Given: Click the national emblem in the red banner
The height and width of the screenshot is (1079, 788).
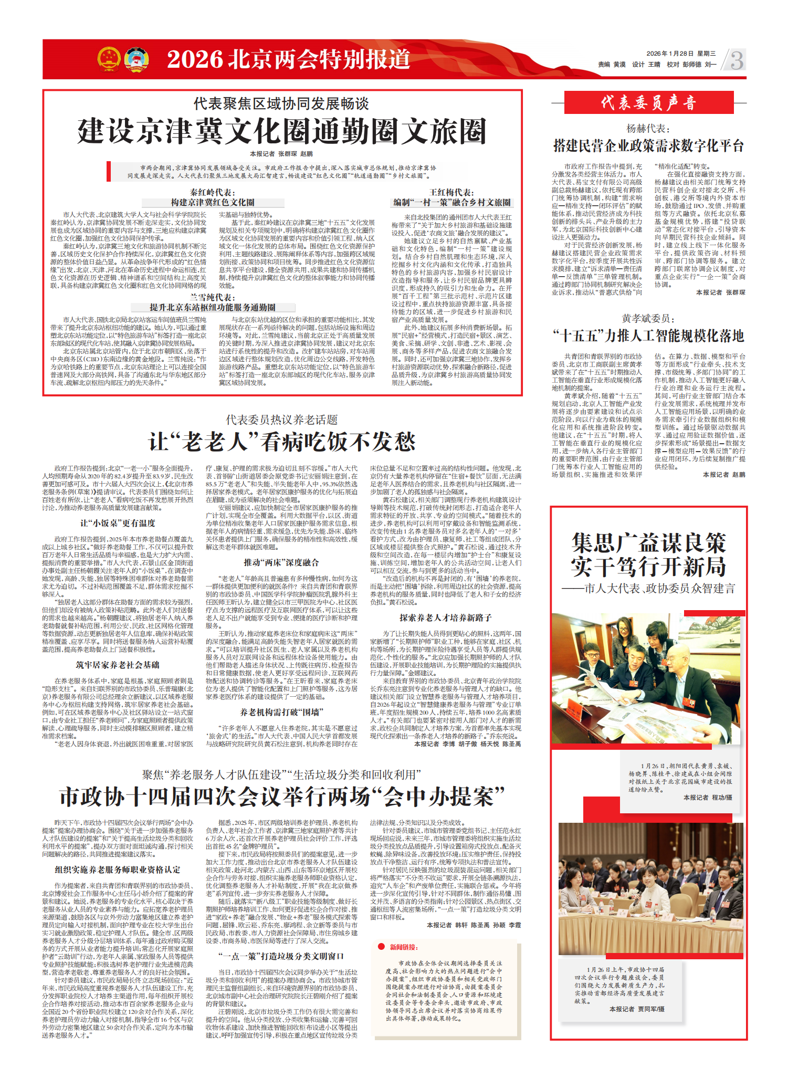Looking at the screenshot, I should point(109,58).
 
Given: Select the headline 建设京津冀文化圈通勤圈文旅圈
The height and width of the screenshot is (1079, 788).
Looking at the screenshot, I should point(282,131).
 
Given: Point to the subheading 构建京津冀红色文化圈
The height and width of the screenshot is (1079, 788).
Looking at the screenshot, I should point(213,202).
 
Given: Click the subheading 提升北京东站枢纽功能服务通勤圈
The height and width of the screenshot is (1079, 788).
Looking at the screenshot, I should point(213,307).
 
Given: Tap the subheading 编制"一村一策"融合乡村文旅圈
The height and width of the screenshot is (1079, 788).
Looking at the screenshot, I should point(451,202).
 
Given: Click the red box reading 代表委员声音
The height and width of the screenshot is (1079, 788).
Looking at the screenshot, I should point(648,102).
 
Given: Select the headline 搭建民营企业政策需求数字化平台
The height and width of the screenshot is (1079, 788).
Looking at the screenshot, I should point(648,145).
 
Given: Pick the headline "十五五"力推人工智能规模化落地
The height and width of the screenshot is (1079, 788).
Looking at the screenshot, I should point(648,336).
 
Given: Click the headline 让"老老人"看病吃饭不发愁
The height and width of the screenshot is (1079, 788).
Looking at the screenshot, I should point(282,442).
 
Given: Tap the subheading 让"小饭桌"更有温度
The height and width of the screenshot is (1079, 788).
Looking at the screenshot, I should point(118,523).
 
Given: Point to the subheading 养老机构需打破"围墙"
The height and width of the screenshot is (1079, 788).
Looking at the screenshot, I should point(281,712).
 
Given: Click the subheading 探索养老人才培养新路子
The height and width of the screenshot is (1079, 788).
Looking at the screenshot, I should point(445,617).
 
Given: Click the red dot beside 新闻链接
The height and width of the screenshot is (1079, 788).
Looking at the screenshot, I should point(382,947).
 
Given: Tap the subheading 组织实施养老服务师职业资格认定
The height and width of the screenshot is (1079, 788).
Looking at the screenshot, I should point(118,870).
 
